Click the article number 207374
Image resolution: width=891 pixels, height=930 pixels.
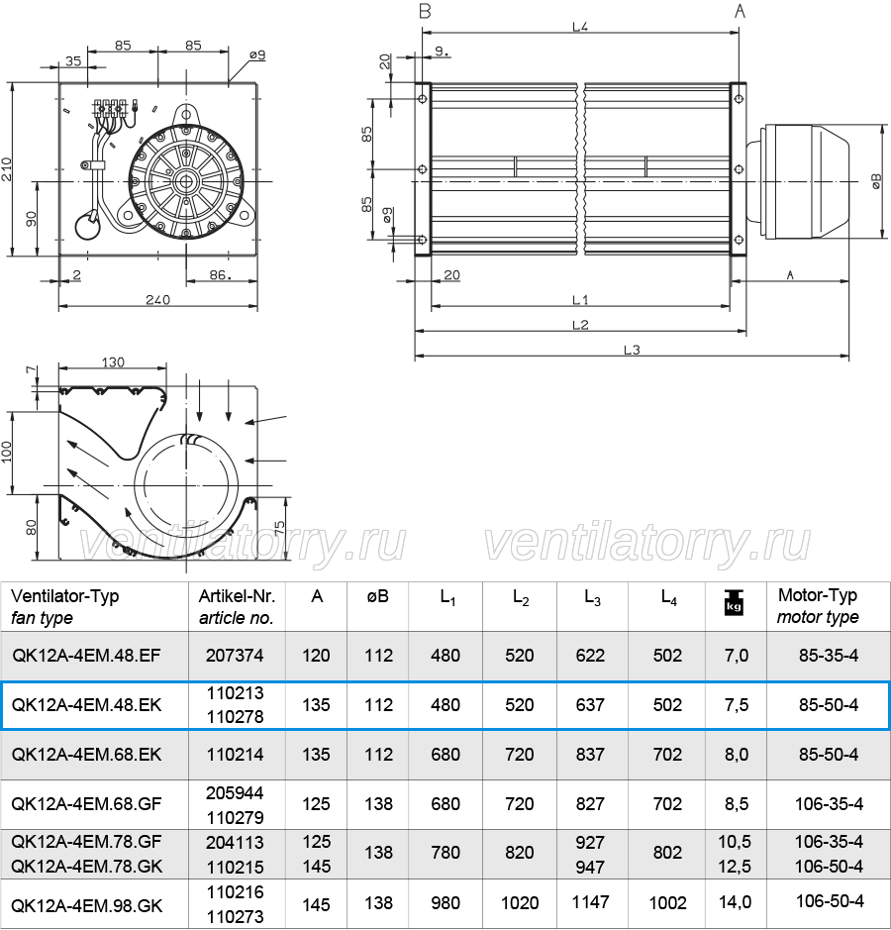tap(235, 656)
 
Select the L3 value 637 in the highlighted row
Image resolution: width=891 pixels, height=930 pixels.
tap(590, 704)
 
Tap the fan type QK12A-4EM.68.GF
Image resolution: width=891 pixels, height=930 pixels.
tap(86, 803)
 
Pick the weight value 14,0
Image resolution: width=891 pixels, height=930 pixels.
tap(736, 902)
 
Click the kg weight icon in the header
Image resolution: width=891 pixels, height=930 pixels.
tap(734, 602)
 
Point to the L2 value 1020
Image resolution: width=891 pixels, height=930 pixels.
tap(520, 902)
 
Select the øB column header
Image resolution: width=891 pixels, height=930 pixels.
tap(377, 595)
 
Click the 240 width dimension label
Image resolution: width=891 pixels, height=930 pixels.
tap(157, 299)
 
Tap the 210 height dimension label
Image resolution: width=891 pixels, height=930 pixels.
tap(7, 169)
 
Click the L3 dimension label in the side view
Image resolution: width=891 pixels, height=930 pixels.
tap(632, 350)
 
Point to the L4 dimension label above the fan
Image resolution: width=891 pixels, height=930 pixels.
tap(580, 27)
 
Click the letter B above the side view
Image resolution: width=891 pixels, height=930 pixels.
tap(425, 11)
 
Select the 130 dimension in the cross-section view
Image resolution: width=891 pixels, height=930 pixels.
tap(113, 362)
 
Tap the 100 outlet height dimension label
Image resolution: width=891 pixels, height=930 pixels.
tap(7, 453)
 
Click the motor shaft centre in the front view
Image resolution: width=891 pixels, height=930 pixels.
tap(186, 181)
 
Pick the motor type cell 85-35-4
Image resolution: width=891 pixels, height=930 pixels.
tap(829, 656)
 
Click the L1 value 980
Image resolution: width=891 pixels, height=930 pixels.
tap(445, 902)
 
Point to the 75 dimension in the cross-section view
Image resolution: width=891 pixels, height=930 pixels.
tap(279, 527)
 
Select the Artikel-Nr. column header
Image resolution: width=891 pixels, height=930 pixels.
tap(237, 595)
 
